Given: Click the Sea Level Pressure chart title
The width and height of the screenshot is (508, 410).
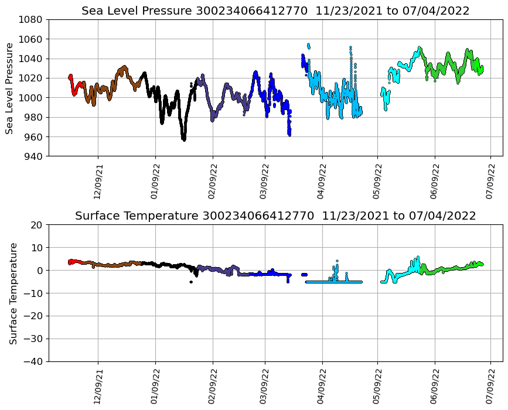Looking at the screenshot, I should pos(275,11).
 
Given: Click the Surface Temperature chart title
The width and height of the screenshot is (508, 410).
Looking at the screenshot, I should pos(275,216).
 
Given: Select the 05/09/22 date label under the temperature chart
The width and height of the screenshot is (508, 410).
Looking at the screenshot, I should pos(377,387).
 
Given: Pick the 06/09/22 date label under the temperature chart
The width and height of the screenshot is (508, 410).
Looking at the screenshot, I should pos(435,387).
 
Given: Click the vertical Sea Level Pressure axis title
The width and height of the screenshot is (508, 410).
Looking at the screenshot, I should pos(10,88).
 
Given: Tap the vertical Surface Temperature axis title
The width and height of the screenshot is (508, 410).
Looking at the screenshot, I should pos(12,293).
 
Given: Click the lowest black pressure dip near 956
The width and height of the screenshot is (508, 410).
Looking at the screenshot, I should pos(184,139).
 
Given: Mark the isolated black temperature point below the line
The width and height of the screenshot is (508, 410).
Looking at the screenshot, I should pos(191,282).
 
